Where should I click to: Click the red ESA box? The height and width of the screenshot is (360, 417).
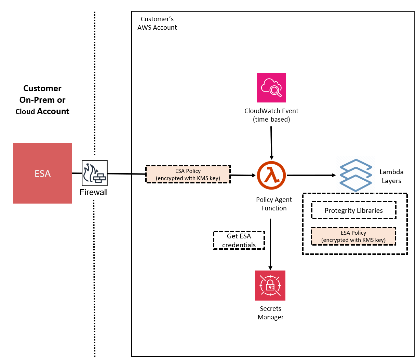(x=42, y=173)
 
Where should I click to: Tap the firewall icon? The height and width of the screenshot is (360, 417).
(x=95, y=173)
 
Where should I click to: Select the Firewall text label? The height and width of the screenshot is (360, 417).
(x=94, y=192)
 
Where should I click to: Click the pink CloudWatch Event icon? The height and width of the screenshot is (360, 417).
(x=271, y=87)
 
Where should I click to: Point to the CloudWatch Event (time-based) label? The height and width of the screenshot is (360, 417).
(x=271, y=115)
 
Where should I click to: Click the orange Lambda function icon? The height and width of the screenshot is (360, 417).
(x=272, y=175)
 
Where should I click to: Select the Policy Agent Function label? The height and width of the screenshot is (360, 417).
(x=274, y=204)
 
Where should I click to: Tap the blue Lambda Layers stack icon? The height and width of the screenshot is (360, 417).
(x=355, y=175)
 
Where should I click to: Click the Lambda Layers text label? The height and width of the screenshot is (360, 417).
(x=391, y=176)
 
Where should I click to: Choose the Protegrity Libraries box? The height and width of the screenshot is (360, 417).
(x=354, y=210)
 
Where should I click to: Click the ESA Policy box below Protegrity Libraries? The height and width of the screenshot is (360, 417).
(x=353, y=236)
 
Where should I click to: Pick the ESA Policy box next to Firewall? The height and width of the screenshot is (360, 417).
(x=188, y=175)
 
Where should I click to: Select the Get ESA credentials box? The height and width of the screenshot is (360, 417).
(x=239, y=240)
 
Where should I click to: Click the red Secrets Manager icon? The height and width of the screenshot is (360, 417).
(x=270, y=286)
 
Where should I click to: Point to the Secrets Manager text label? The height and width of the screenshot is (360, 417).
(x=270, y=313)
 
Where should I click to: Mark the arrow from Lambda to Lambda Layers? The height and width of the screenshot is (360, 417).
(x=311, y=175)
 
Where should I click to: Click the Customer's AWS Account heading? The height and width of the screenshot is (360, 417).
(x=157, y=23)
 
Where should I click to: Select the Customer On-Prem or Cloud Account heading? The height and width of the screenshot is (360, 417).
(x=42, y=100)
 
